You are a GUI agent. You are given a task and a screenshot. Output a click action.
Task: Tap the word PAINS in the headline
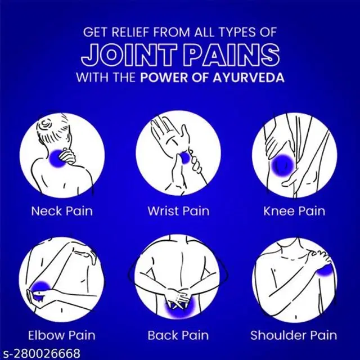[x=232, y=55]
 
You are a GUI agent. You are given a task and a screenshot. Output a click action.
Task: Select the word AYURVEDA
[x=249, y=78]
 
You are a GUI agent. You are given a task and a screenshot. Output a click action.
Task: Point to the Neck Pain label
[x=62, y=211]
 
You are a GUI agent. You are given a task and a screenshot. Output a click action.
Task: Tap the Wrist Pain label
[x=179, y=211]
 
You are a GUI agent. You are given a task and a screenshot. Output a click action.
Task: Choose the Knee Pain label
[x=294, y=211]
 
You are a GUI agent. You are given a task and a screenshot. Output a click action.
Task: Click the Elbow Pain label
[x=61, y=335]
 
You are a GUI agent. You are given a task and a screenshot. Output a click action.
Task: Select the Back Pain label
[x=178, y=335]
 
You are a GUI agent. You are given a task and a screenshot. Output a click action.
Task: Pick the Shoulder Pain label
[x=294, y=335]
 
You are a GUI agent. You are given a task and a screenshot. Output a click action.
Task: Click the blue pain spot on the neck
[x=55, y=159]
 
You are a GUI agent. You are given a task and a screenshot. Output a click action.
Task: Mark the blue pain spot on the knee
[x=282, y=165]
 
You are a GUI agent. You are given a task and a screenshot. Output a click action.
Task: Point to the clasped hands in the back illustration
[x=178, y=298]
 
